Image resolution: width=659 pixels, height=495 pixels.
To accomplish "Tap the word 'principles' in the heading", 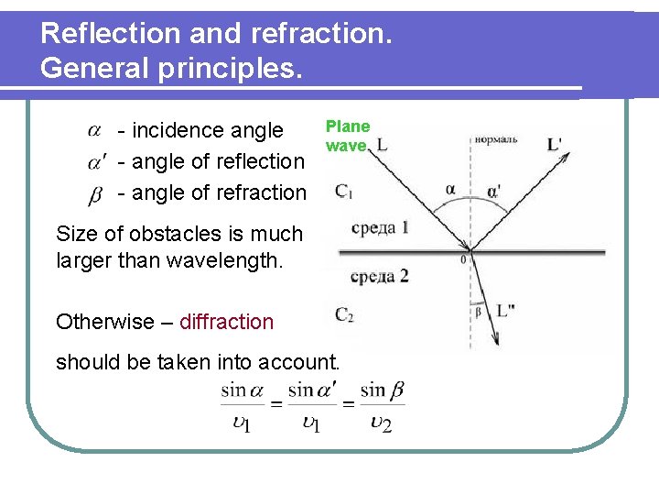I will pyautogui.click(x=232, y=69).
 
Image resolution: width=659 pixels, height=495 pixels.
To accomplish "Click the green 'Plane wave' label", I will pyautogui.click(x=348, y=136).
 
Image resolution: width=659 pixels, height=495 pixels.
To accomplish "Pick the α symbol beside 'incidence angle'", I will pyautogui.click(x=95, y=129).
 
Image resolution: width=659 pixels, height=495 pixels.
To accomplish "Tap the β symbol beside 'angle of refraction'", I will pyautogui.click(x=96, y=194).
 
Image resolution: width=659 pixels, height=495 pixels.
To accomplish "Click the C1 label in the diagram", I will pyautogui.click(x=344, y=192).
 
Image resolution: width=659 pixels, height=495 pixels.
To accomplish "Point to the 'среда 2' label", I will pyautogui.click(x=379, y=274).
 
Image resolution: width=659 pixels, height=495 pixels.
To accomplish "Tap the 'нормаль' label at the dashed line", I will pyautogui.click(x=495, y=140).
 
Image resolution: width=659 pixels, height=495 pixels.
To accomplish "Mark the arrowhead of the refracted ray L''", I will pyautogui.click(x=494, y=342).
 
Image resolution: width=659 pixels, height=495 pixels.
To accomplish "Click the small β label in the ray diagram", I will pyautogui.click(x=477, y=312).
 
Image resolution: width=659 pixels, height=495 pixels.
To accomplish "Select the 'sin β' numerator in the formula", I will pyautogui.click(x=383, y=390).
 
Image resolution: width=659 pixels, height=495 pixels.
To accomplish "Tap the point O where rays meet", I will pyautogui.click(x=470, y=250).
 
